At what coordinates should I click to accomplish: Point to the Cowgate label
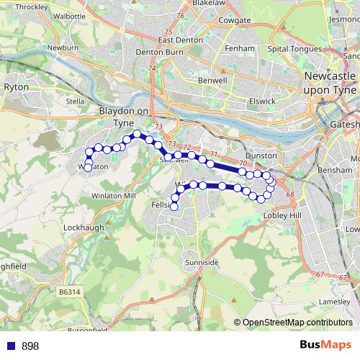pyautogui.click(x=215, y=20)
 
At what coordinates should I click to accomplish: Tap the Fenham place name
pyautogui.click(x=240, y=48)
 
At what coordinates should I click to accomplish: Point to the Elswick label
pyautogui.click(x=260, y=102)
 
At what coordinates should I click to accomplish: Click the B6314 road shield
pyautogui.click(x=71, y=291)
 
